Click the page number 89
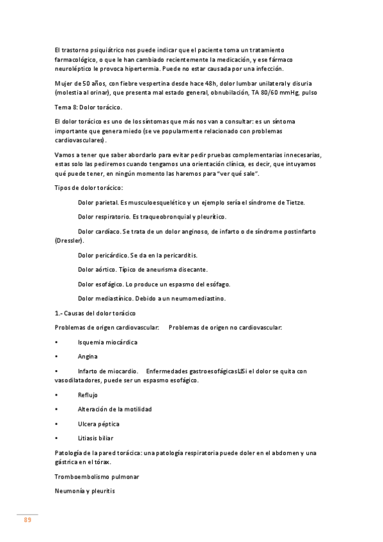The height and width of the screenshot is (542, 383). pyautogui.click(x=27, y=520)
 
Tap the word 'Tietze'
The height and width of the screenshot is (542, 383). pyautogui.click(x=292, y=203)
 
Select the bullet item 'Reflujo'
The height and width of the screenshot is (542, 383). pyautogui.click(x=88, y=394)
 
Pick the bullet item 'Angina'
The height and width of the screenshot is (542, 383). pyautogui.click(x=88, y=357)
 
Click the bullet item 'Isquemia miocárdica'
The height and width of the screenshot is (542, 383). pyautogui.click(x=107, y=342)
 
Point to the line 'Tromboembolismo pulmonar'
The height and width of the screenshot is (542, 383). pyautogui.click(x=97, y=477)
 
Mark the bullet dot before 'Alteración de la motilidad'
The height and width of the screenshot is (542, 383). pyautogui.click(x=57, y=409)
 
